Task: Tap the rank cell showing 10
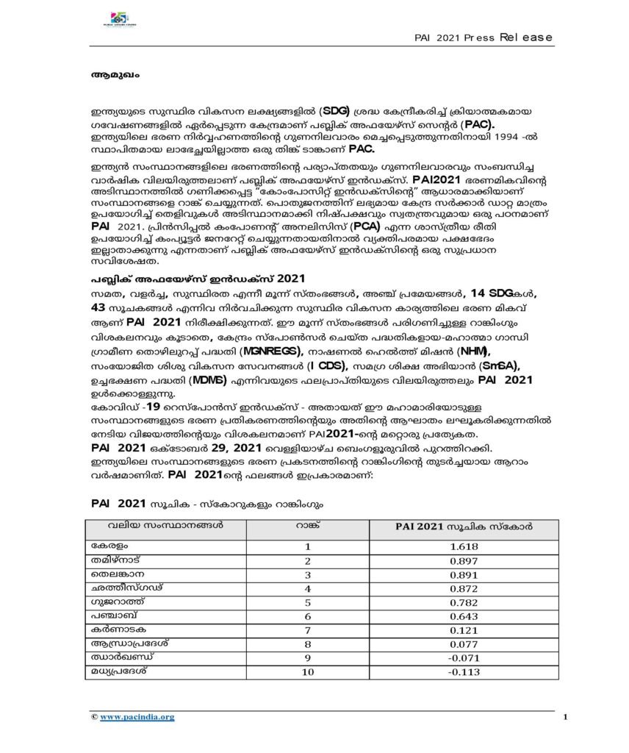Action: (x=309, y=672)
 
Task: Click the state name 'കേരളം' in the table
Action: (x=108, y=546)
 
